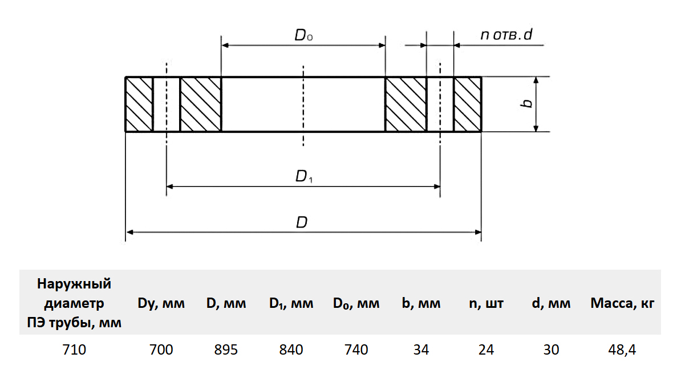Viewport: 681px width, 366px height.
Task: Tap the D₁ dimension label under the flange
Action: [304, 177]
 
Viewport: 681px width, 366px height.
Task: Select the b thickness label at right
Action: [528, 103]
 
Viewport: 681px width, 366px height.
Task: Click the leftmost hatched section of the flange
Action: [139, 104]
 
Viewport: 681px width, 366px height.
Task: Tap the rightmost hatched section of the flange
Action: [468, 104]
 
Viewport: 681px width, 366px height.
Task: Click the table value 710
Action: [74, 349]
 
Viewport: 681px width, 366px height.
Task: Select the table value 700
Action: [161, 349]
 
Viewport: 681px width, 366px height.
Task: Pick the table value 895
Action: [226, 349]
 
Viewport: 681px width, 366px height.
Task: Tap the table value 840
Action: [291, 349]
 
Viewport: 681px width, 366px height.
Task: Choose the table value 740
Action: [356, 349]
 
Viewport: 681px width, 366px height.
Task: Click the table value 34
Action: [421, 349]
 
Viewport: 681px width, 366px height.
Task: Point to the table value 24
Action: [486, 349]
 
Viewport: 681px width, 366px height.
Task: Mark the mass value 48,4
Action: [622, 349]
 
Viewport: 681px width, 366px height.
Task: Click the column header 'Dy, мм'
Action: [161, 304]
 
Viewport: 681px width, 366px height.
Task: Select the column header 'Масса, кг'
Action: [622, 304]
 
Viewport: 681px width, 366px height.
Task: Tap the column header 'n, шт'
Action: [486, 304]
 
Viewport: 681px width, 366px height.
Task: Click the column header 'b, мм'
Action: [421, 304]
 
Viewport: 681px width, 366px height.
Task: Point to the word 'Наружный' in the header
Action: [74, 284]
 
